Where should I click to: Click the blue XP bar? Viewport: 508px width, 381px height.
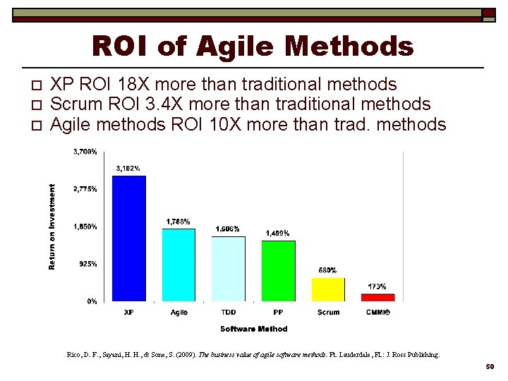(x=129, y=238)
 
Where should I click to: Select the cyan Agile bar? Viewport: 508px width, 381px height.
(x=179, y=265)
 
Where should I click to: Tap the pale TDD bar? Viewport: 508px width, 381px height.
(x=229, y=269)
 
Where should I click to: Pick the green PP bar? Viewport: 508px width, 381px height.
(x=278, y=271)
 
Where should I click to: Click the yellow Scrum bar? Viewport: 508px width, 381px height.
(x=328, y=289)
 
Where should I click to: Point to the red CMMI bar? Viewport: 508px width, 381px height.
(x=377, y=298)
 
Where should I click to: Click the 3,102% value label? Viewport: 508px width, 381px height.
(x=128, y=168)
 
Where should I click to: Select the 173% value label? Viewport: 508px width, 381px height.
(x=377, y=286)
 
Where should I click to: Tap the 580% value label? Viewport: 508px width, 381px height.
(x=327, y=270)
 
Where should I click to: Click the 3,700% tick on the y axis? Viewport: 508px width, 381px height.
(x=85, y=152)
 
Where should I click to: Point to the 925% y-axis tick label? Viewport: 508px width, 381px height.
(x=88, y=264)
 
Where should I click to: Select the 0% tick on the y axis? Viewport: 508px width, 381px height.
(x=92, y=301)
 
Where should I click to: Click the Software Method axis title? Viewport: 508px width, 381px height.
(x=253, y=329)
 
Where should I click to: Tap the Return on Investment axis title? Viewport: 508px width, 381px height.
(x=52, y=226)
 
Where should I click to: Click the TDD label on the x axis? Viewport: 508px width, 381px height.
(x=228, y=313)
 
